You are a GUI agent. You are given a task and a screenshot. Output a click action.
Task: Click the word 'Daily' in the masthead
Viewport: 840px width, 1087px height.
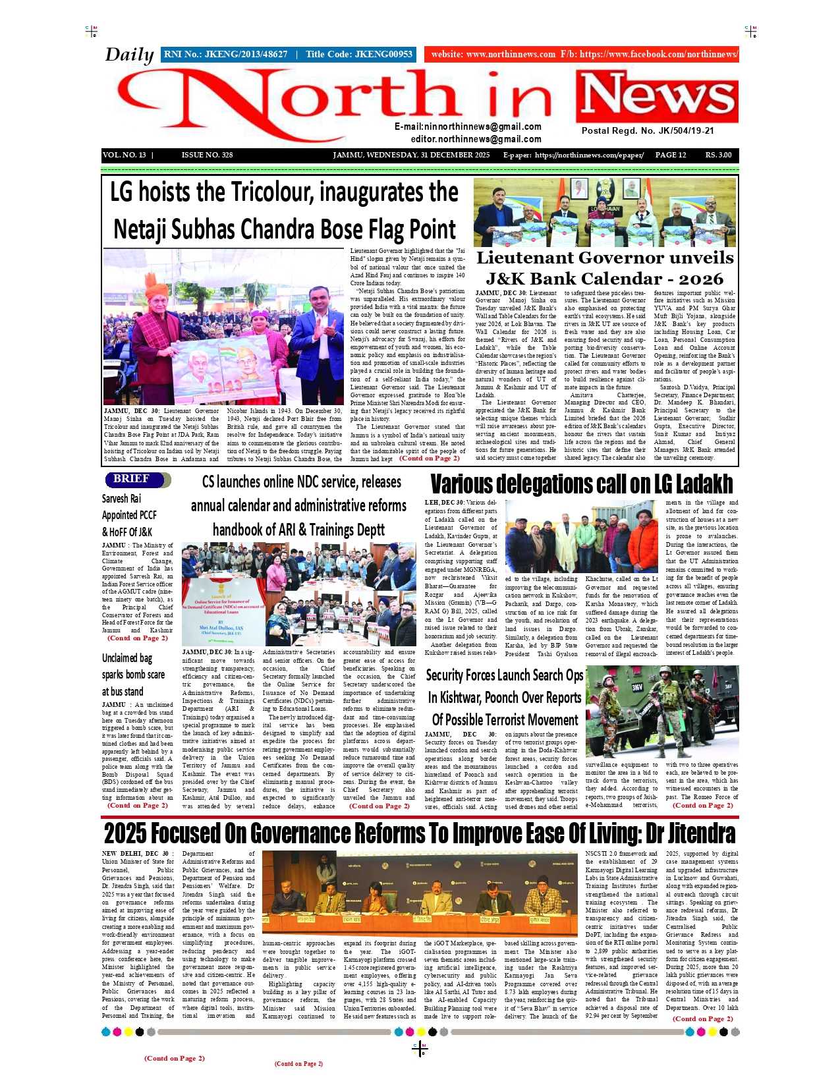tap(129, 55)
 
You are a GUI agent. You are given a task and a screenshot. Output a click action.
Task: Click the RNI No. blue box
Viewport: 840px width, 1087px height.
tap(288, 55)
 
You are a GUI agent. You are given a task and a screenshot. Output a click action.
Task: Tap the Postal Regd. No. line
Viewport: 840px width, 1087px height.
tap(647, 130)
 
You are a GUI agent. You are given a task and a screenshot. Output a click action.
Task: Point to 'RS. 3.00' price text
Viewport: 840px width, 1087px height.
tap(718, 155)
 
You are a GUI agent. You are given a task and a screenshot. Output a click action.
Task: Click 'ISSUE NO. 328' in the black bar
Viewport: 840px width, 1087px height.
tap(207, 155)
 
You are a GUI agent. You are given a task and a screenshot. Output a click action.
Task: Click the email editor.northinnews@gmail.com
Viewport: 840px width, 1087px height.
tap(476, 139)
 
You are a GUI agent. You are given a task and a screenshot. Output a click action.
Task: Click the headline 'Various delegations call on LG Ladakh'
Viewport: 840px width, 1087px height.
tap(581, 484)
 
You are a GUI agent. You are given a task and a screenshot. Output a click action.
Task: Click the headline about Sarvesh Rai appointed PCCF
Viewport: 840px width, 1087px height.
tap(129, 515)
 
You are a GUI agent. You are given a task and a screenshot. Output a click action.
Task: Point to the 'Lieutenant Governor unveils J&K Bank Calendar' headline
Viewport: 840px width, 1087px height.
tap(604, 268)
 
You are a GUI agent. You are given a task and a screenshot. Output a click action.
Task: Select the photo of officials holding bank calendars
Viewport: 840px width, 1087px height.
tap(604, 211)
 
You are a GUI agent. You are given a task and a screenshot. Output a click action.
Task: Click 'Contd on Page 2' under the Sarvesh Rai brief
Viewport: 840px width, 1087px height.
tap(137, 638)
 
